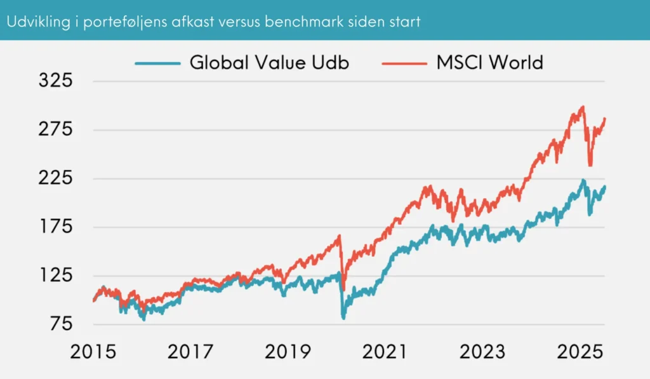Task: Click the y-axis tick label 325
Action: click(x=56, y=81)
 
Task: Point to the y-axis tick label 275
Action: click(x=56, y=130)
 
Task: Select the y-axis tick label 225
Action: click(x=56, y=178)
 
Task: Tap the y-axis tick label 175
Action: click(x=56, y=227)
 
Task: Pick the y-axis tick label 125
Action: click(x=56, y=276)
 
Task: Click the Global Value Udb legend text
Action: click(x=269, y=63)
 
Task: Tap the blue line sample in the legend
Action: click(x=157, y=63)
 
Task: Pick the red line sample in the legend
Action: click(x=404, y=63)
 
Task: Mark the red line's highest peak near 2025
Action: click(x=583, y=107)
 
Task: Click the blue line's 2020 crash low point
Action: click(x=344, y=317)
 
